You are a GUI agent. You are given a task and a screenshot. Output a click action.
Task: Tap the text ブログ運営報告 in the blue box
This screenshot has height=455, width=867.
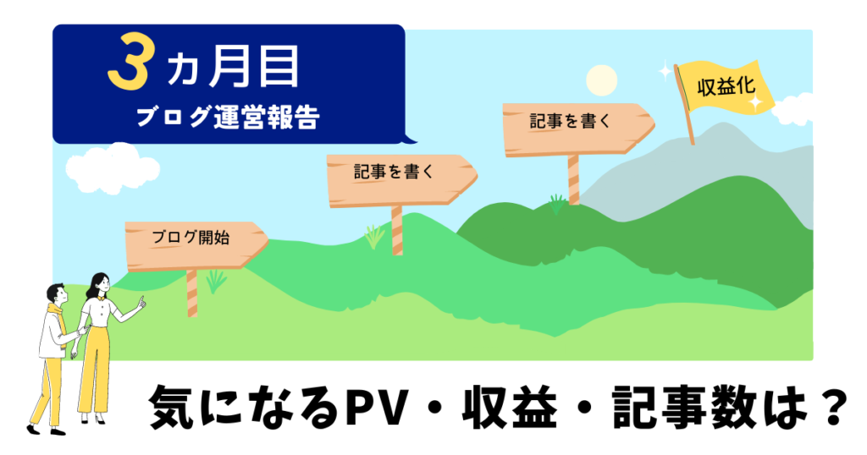coord(227,117)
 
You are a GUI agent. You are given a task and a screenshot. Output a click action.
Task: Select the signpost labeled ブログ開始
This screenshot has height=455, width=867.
coord(196,245)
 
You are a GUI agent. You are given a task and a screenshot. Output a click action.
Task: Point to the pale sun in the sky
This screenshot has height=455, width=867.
coord(601,80)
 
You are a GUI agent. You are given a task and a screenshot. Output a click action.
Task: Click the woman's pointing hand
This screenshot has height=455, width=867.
coord(141,303)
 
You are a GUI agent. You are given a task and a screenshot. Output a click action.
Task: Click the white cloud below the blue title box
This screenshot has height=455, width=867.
coord(113,167)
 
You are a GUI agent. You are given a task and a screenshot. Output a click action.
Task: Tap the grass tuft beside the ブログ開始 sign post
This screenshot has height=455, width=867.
coord(216,282)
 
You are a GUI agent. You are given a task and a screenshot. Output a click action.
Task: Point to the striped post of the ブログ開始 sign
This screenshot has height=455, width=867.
coord(192,293)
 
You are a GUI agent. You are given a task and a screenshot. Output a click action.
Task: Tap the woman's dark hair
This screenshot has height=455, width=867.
coord(95,284)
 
